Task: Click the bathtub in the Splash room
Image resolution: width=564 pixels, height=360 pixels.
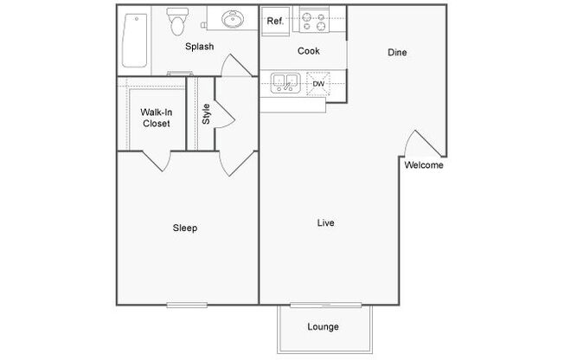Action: pos(135,41)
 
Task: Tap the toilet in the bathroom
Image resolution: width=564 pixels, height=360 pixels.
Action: pos(177,22)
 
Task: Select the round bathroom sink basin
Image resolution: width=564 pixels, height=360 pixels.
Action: pos(233,18)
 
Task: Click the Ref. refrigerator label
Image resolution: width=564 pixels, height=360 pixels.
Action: pos(275,22)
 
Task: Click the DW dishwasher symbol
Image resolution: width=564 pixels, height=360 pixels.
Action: pos(318,84)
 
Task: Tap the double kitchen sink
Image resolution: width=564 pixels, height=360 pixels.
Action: pos(285,83)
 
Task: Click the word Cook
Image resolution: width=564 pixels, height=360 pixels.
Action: pos(309,51)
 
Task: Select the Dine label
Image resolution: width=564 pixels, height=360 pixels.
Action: pos(397,53)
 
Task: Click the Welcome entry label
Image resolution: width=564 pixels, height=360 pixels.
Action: pos(424,165)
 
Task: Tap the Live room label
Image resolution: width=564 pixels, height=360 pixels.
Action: pos(325,223)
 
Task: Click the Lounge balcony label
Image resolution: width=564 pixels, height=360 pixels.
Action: pos(323,327)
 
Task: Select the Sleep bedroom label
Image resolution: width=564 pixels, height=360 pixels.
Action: pos(185,228)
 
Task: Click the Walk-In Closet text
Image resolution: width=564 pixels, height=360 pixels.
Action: pos(156,118)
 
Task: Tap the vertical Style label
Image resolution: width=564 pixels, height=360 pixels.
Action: pos(206,113)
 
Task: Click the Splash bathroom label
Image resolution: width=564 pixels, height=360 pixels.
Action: pos(199,47)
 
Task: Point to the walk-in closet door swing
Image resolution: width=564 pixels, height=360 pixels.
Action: pos(157,161)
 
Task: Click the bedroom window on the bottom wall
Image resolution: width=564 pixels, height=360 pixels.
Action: pos(187,305)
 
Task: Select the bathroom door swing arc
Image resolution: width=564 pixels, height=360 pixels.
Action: pos(235,66)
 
